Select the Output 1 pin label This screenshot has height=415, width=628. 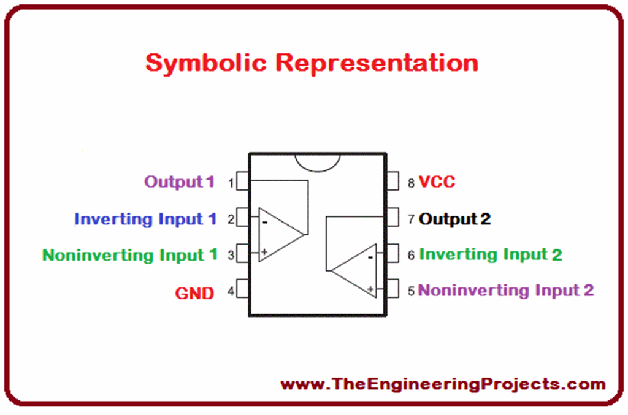(179, 182)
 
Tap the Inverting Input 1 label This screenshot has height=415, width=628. (145, 219)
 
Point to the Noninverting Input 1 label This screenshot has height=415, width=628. (129, 255)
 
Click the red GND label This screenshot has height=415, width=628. (194, 294)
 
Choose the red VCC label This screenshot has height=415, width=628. (437, 182)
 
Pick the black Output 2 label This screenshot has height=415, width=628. (454, 219)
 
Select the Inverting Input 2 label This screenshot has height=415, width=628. (491, 254)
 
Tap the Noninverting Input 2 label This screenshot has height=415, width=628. (506, 290)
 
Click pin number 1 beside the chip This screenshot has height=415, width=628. (231, 183)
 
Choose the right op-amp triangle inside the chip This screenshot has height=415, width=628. (356, 270)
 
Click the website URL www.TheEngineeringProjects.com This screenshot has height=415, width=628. (443, 384)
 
